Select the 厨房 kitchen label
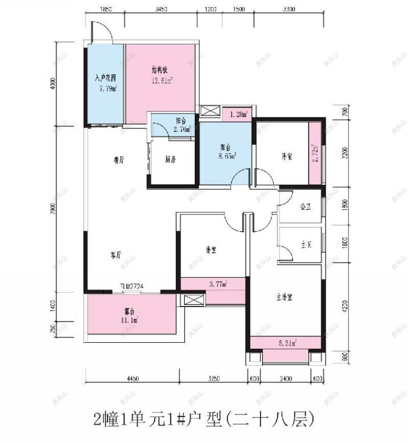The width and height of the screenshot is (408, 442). pos(171,159)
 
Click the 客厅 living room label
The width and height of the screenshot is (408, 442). pos(116,255)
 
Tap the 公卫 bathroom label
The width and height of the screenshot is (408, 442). pos(305,208)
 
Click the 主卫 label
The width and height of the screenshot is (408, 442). pos(306,245)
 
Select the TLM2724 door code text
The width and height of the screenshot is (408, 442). pos(132,287)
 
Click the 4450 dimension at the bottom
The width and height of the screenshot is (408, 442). pos(132,378)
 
